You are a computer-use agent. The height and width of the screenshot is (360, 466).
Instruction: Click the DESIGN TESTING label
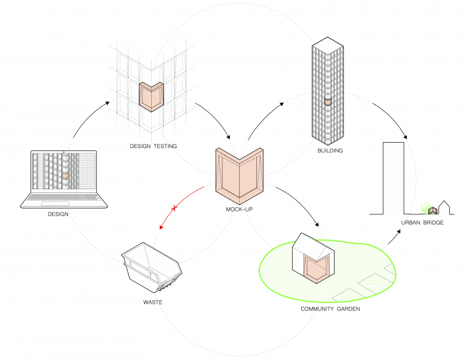153,146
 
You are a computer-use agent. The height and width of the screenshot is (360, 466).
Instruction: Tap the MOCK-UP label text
238,210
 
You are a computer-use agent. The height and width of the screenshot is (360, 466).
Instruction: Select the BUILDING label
330,151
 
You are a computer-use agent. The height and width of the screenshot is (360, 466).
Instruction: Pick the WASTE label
152,302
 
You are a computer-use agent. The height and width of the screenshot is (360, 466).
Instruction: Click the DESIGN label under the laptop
58,214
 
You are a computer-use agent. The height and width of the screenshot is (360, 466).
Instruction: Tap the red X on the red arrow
174,208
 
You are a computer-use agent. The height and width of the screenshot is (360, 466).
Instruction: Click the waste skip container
152,269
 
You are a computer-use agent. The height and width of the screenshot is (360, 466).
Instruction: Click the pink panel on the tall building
327,103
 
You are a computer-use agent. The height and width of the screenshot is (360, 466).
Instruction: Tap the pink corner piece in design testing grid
151,96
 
